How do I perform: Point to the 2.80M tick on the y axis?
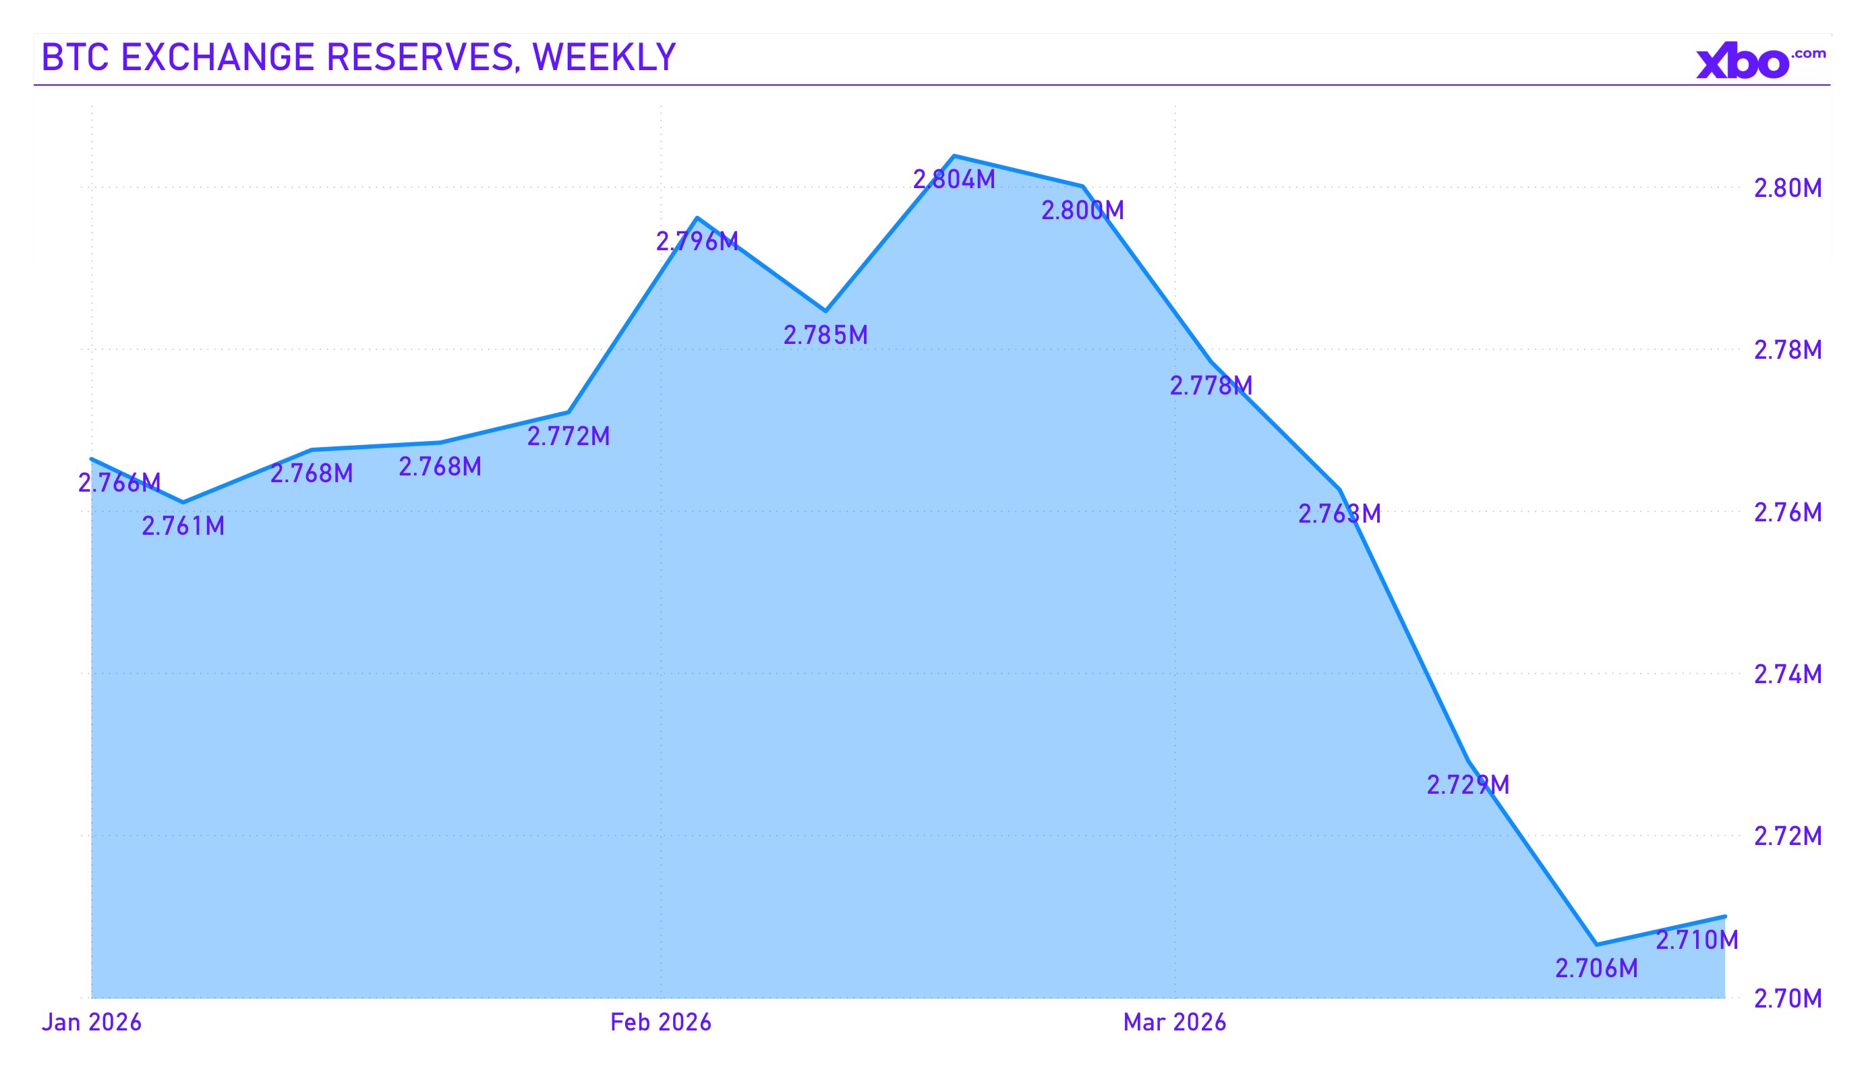(1788, 188)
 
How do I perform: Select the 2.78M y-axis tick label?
(1788, 349)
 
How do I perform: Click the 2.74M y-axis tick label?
(1788, 674)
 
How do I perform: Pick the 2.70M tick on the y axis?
(1788, 999)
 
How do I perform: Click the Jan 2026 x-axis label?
(91, 1023)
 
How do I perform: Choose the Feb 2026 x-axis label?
(660, 1023)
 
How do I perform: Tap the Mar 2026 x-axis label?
(1174, 1023)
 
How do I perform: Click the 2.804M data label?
(954, 180)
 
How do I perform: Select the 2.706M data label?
(1596, 968)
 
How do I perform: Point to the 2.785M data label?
(825, 335)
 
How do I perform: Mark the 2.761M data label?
(183, 527)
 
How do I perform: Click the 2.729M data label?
(1467, 785)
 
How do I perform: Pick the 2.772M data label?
(568, 437)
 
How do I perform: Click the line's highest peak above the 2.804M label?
(954, 156)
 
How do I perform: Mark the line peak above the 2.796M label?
(697, 218)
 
